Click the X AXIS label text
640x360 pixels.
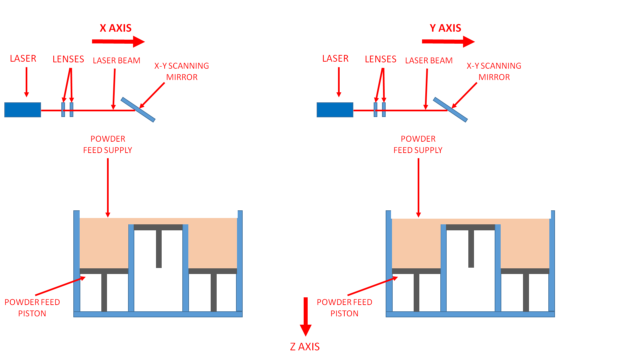pos(116,28)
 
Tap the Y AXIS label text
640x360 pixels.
pos(445,28)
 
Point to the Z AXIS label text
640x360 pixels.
pos(305,347)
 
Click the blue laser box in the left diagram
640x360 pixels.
pos(23,110)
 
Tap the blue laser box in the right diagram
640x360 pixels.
pos(335,110)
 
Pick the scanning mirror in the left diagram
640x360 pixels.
pos(138,110)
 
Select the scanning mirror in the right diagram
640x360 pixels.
pos(450,110)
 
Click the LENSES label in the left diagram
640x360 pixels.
pos(68,59)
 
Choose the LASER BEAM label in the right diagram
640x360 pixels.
pos(429,61)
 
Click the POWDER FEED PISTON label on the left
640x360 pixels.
pos(32,308)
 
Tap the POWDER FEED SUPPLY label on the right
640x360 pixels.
pos(418,144)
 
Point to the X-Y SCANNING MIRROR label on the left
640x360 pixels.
pos(182,71)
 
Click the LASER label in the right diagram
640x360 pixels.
pos(335,59)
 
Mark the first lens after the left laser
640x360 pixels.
pos(63,110)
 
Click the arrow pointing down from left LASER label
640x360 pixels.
pos(26,82)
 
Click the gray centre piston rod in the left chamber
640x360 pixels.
pos(159,249)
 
